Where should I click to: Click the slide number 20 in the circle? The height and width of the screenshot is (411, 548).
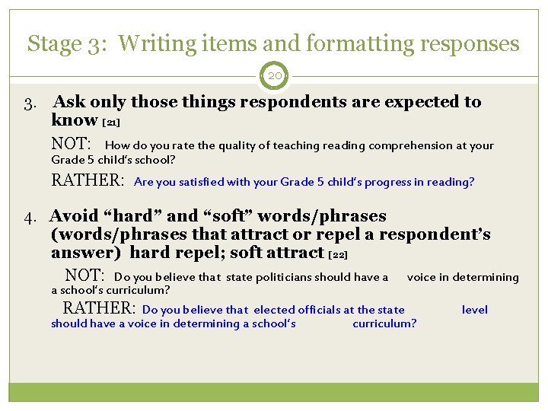pyautogui.click(x=274, y=76)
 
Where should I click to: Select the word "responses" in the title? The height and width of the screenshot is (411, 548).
pyautogui.click(x=470, y=44)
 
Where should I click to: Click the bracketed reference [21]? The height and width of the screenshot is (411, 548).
pyautogui.click(x=111, y=122)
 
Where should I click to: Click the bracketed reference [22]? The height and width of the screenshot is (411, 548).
pyautogui.click(x=338, y=254)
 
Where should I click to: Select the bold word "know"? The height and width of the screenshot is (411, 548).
pyautogui.click(x=74, y=120)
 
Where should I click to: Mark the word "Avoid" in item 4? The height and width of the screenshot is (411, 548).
pyautogui.click(x=74, y=216)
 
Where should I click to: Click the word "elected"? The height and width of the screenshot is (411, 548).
pyautogui.click(x=272, y=310)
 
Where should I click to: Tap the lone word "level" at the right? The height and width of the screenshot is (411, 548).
pyautogui.click(x=475, y=310)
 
